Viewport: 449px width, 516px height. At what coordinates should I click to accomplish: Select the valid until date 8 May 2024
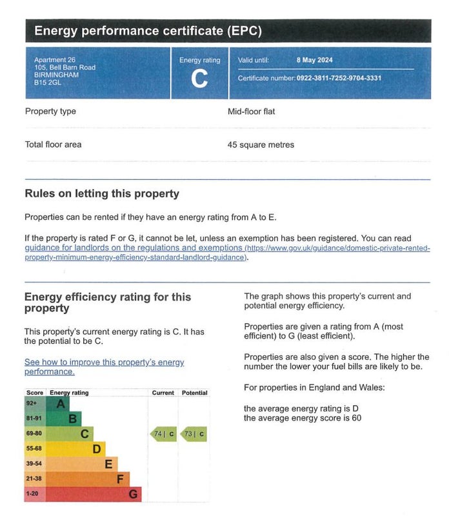coord(315,60)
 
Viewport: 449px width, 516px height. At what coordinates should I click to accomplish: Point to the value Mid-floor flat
coord(251,112)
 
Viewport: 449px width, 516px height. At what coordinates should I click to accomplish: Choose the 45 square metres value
coord(261,145)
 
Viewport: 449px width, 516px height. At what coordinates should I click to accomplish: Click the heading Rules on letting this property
coord(102,194)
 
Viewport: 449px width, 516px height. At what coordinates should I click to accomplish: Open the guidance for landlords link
coord(134,248)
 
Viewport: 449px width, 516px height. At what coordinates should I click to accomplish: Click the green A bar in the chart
coord(58,404)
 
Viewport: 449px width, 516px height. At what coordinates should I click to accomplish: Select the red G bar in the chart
coord(94,495)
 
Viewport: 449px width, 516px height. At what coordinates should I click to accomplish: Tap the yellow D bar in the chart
coord(76,449)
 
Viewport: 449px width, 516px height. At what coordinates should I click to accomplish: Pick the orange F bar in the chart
coord(88,479)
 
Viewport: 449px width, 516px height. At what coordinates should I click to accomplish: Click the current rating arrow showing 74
coord(164,434)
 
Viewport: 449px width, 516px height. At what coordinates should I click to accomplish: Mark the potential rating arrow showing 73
coord(194,434)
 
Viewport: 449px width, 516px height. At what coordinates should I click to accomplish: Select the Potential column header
coord(194,393)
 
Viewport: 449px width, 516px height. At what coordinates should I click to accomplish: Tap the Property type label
coord(50,112)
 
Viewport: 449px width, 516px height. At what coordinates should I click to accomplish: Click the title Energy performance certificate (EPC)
coord(148,31)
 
